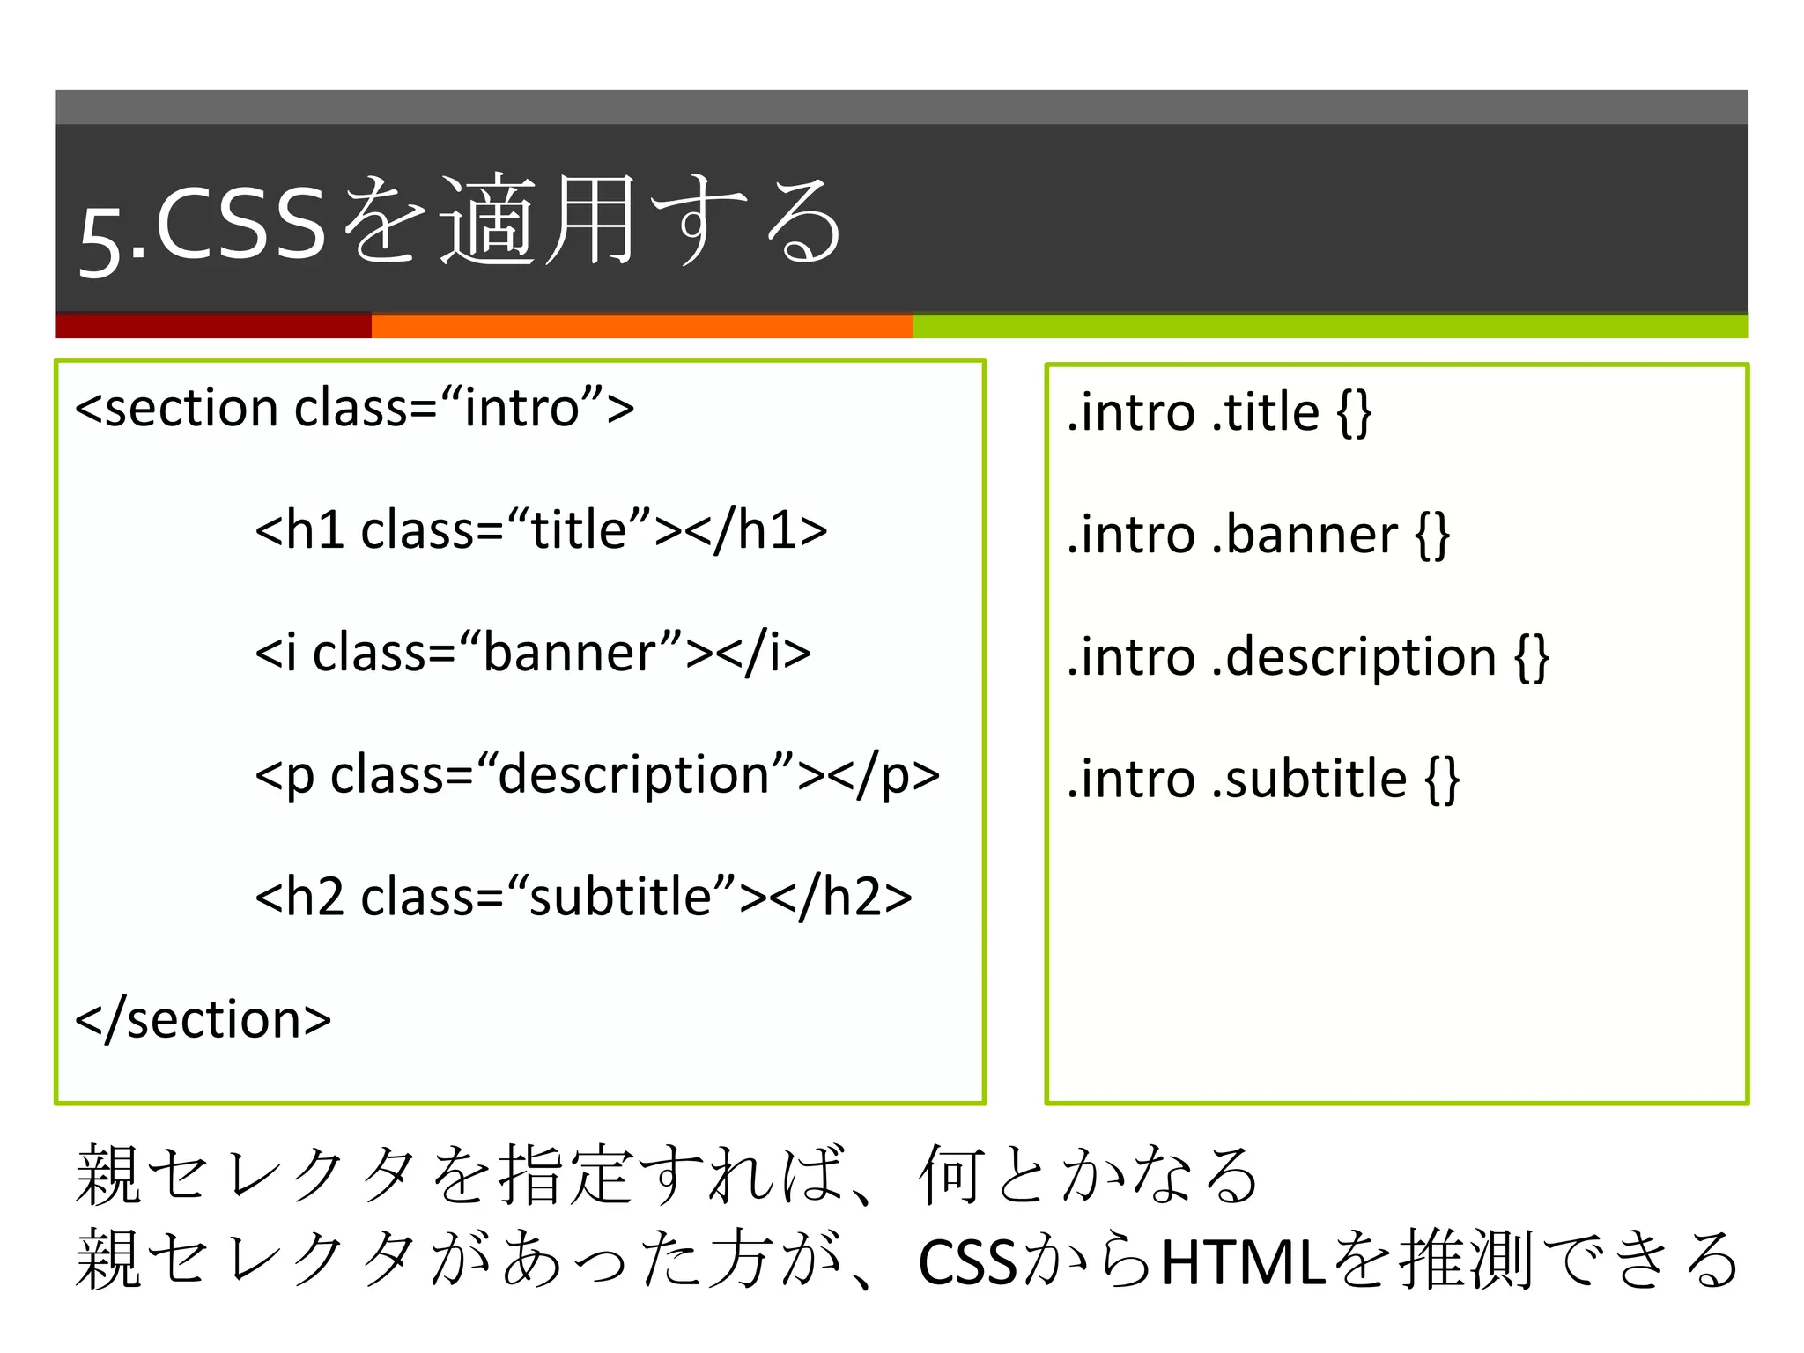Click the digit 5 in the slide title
click(99, 241)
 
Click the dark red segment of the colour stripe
click(213, 326)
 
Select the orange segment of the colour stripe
click(641, 326)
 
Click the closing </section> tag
click(203, 1019)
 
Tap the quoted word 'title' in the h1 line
click(579, 530)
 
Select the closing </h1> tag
click(756, 530)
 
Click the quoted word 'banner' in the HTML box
click(582, 653)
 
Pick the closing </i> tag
click(764, 653)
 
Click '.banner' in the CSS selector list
click(1304, 535)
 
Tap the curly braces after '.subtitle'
click(1443, 780)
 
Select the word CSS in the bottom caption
click(967, 1262)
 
